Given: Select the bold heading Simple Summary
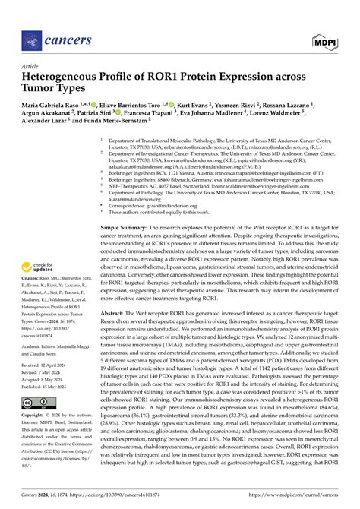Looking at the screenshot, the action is (123, 228).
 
